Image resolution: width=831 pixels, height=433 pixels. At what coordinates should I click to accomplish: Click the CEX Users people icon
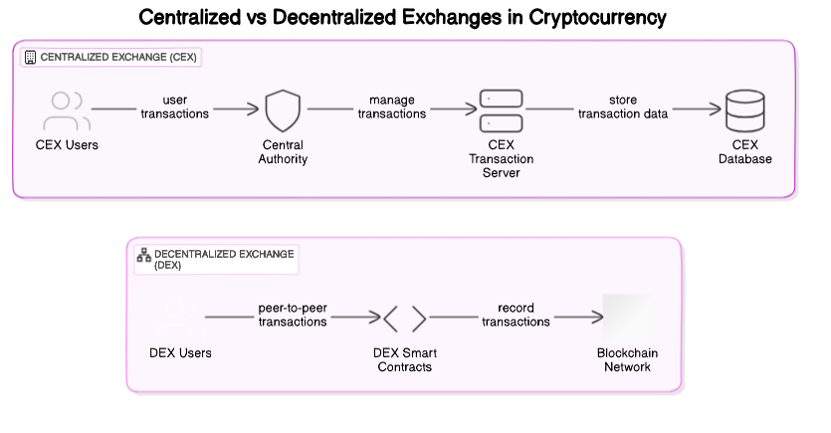67,111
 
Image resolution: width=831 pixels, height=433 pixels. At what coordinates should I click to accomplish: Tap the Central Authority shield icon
283,111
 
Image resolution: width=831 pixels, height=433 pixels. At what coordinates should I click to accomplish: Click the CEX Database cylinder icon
745,111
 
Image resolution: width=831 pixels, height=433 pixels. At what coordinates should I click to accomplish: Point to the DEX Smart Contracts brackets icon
405,320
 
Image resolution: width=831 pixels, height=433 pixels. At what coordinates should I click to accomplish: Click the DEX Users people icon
180,320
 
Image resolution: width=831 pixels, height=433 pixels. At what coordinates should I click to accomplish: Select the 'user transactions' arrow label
175,107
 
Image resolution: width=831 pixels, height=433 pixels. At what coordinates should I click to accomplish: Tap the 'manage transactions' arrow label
391,107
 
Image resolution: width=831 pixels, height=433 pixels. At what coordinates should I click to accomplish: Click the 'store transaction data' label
623,107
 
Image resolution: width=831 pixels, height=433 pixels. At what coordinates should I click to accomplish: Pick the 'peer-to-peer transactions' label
293,315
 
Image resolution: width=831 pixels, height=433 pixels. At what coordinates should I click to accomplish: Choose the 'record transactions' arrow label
516,315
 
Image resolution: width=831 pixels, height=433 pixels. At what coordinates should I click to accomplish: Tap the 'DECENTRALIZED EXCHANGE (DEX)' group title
224,260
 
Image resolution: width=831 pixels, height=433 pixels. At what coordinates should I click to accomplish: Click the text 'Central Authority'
283,152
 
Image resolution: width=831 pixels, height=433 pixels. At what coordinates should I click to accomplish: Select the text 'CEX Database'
745,152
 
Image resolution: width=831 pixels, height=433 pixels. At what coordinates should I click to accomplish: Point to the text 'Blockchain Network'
627,360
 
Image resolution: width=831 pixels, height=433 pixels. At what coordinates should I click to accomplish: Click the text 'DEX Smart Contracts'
405,360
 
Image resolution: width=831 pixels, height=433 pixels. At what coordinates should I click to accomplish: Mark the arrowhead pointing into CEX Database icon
716,111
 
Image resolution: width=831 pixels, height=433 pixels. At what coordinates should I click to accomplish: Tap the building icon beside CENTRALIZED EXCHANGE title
30,58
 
